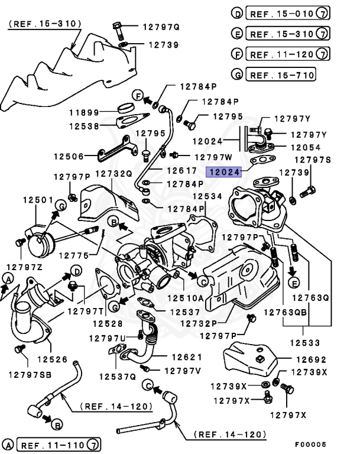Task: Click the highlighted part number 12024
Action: (x=224, y=172)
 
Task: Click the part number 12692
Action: (x=311, y=359)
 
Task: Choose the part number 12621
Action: (x=187, y=357)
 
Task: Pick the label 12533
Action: (x=305, y=343)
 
